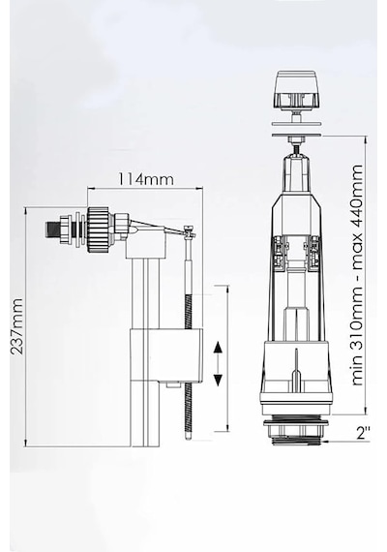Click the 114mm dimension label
click(x=145, y=179)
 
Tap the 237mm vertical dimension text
click(x=16, y=326)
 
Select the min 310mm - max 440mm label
click(x=357, y=275)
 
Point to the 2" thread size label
click(x=363, y=433)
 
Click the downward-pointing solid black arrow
click(x=218, y=380)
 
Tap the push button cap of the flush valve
click(x=297, y=89)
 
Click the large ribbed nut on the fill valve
click(x=98, y=230)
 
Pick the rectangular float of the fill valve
click(x=166, y=354)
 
